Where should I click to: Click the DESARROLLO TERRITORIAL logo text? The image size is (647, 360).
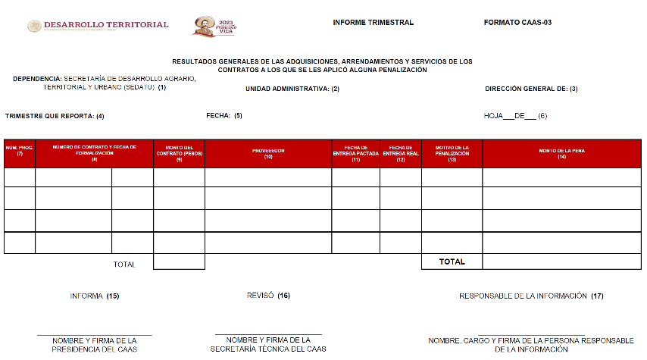pos(106,25)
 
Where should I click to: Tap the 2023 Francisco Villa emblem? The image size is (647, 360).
pos(214,26)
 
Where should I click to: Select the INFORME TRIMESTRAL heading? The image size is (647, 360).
pos(373,23)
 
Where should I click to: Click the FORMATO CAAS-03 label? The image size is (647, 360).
pos(517,23)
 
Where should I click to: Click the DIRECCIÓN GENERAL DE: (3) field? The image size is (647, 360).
pos(531,89)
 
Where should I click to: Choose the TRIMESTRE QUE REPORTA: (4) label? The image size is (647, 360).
pos(55,116)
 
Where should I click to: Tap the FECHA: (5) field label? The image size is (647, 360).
pos(224,116)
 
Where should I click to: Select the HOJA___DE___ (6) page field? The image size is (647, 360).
pos(515,116)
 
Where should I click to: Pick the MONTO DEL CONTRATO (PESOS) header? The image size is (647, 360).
pos(179,153)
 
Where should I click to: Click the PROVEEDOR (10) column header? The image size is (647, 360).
pos(268,153)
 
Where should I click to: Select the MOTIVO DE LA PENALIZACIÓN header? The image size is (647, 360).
pos(452,153)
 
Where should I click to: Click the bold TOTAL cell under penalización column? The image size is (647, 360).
pos(452,261)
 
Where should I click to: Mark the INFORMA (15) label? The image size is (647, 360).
pos(95,296)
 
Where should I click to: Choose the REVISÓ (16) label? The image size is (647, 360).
pos(268,295)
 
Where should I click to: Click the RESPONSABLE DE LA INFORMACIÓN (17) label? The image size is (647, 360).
pos(531,296)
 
